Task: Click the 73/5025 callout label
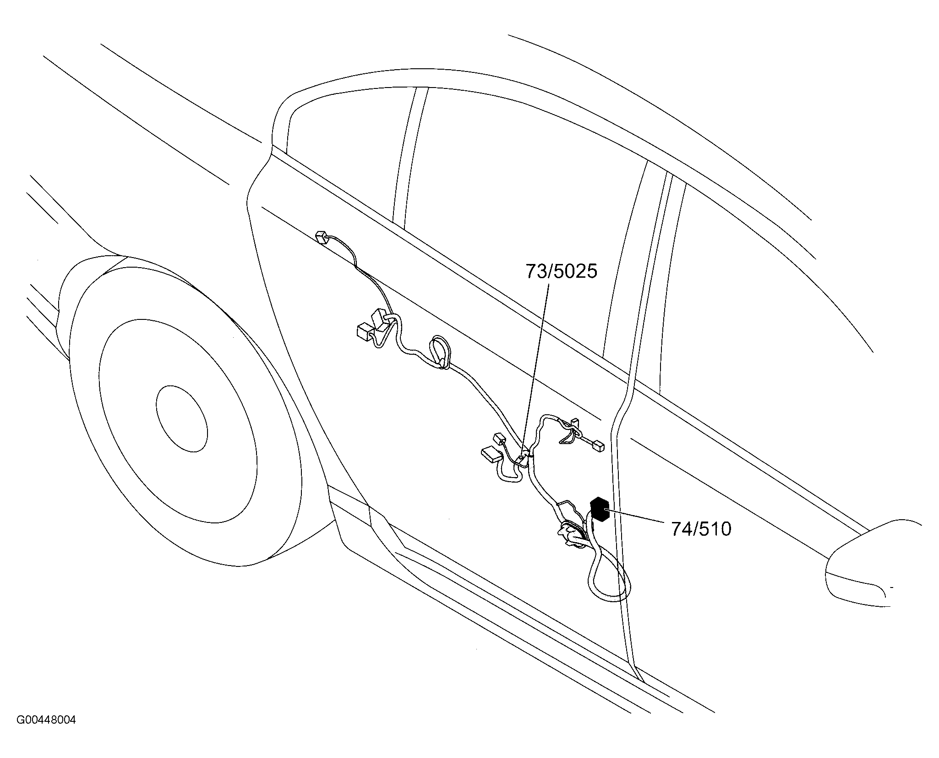point(561,271)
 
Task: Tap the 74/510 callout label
point(701,529)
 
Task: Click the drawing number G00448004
point(46,733)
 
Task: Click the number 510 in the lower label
point(716,529)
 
